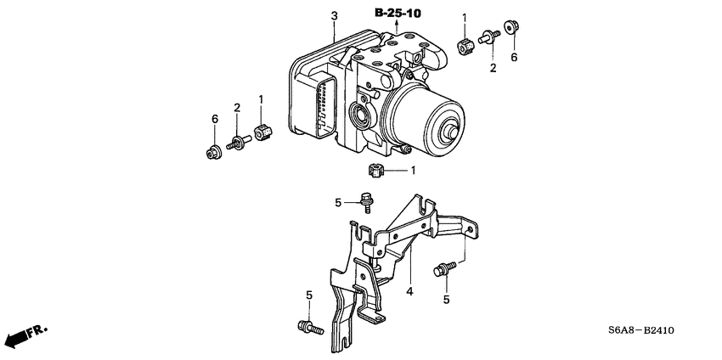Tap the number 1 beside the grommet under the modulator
(x=413, y=171)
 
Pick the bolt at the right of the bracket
(x=443, y=269)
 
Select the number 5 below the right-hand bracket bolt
(x=446, y=299)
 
